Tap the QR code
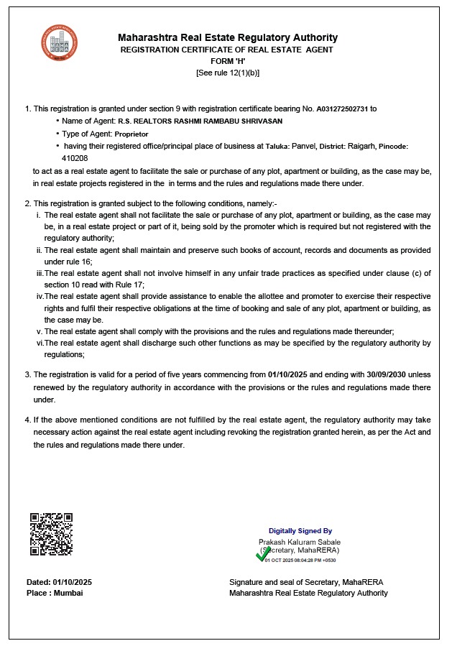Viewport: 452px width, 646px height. tap(51, 534)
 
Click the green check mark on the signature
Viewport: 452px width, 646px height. tap(263, 555)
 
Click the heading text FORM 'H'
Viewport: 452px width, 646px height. tap(227, 61)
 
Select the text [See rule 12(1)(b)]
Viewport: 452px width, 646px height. tap(227, 73)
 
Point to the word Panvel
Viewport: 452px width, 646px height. tap(305, 146)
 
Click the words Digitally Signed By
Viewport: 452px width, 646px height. tap(300, 531)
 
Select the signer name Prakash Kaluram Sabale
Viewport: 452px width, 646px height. tap(300, 542)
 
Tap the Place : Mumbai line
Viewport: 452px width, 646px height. tap(55, 593)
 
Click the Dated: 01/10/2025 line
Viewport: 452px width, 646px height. tap(59, 581)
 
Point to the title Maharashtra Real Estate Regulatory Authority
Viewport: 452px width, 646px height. tap(227, 37)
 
